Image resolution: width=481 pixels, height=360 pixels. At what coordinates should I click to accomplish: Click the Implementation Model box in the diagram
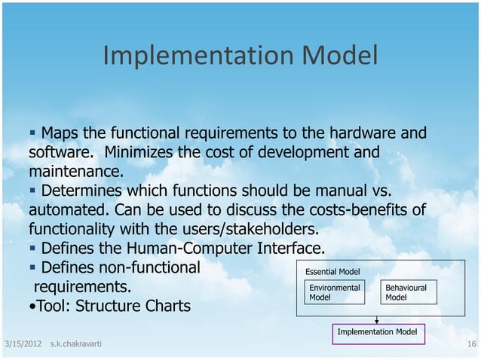click(376, 331)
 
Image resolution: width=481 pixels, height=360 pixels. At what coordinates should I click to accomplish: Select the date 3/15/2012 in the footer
click(21, 344)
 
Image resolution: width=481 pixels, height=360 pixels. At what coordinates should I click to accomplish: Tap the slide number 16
click(471, 344)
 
